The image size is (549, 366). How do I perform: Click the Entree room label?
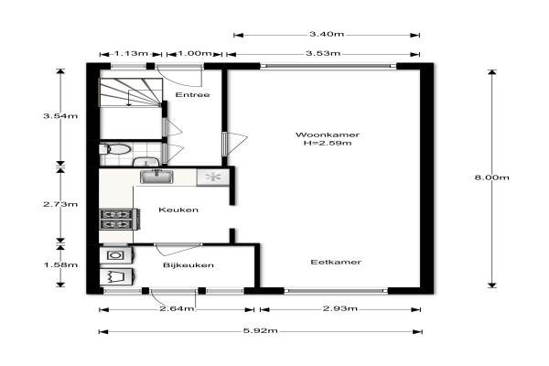(192, 94)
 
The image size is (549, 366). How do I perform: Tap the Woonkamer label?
(328, 135)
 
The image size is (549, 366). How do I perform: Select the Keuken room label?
(178, 210)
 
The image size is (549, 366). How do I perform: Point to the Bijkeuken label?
(188, 264)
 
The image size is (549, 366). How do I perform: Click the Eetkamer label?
(336, 262)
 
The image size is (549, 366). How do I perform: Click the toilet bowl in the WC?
(115, 149)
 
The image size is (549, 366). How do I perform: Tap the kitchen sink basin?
(156, 177)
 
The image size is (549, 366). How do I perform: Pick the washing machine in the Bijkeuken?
(115, 255)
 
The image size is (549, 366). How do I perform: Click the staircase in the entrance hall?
(131, 92)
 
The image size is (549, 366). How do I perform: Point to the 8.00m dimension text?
(491, 178)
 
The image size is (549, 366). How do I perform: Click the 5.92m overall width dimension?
(261, 331)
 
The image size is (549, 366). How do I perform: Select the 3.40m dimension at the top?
(327, 35)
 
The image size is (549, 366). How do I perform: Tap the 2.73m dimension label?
(60, 204)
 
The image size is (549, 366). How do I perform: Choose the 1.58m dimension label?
(60, 264)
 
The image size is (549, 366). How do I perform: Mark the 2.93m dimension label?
(340, 308)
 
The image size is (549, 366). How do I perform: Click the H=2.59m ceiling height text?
(328, 143)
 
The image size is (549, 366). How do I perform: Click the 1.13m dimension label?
(131, 54)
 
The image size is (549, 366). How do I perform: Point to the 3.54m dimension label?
(60, 116)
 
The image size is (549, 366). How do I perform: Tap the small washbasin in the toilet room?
(146, 162)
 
